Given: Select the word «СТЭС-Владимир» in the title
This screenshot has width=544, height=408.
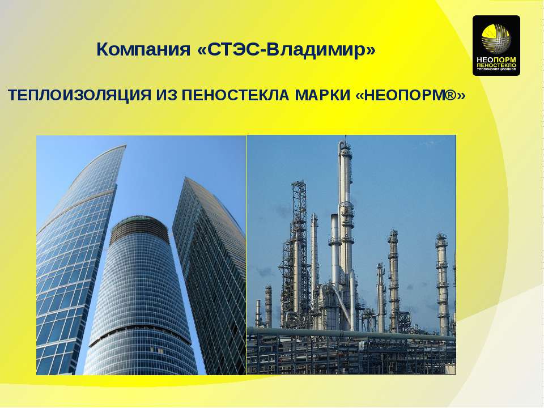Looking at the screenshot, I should pyautogui.click(x=286, y=49).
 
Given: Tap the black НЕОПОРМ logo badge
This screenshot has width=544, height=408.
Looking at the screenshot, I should pyautogui.click(x=496, y=45).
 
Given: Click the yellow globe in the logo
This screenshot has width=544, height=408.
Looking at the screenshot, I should pyautogui.click(x=496, y=37).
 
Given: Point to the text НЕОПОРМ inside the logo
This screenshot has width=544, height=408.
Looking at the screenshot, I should pyautogui.click(x=496, y=60).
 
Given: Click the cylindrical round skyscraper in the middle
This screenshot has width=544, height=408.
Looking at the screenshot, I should pyautogui.click(x=142, y=295).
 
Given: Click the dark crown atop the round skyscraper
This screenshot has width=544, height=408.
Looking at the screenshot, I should pyautogui.click(x=139, y=227).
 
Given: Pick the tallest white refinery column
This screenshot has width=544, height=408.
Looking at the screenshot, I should pyautogui.click(x=345, y=227).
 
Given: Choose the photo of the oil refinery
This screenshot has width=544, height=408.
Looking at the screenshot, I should pyautogui.click(x=351, y=255).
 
